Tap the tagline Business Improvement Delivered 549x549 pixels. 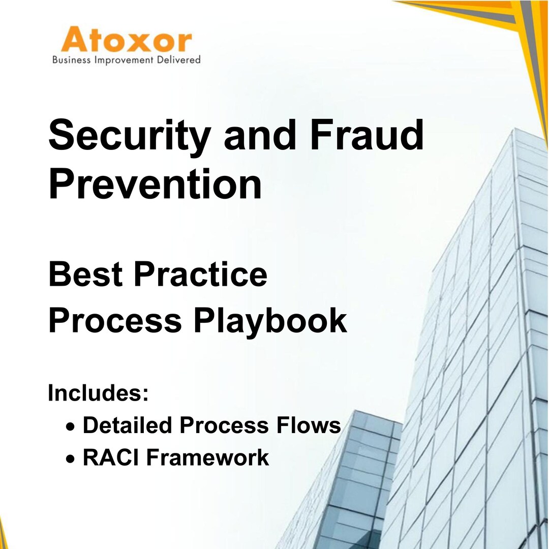click(127, 60)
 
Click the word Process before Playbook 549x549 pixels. click(115, 322)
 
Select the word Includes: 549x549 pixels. click(98, 393)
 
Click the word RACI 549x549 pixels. click(111, 457)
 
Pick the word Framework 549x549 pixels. click(207, 457)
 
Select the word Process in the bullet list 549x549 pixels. click(225, 425)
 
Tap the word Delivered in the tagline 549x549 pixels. click(178, 60)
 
